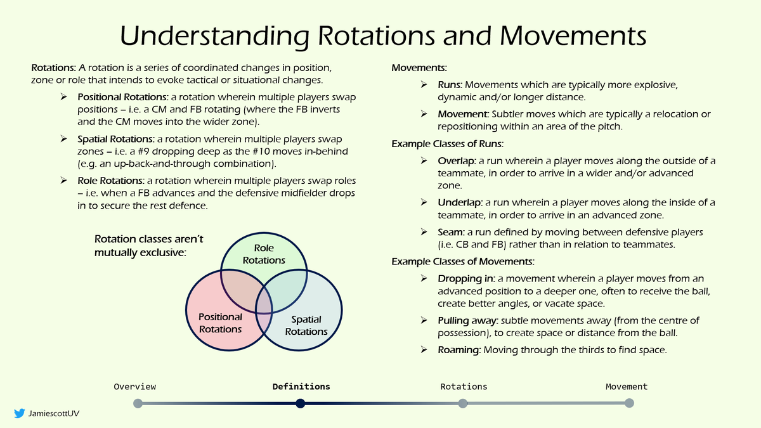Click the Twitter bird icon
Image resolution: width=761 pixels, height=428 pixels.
[x=19, y=413]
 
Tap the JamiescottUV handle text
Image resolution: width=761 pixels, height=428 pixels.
[x=55, y=413]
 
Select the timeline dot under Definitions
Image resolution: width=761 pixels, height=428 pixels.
[x=301, y=403]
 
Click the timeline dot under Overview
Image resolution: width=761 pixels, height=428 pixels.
[x=138, y=403]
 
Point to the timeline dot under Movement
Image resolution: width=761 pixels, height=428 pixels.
[x=629, y=403]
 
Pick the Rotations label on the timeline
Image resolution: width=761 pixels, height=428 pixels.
[x=464, y=386]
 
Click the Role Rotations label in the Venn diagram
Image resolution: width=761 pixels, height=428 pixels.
[x=264, y=254]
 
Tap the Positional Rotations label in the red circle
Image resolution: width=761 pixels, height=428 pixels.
[x=220, y=323]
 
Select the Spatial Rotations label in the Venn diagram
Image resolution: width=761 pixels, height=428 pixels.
[x=306, y=325]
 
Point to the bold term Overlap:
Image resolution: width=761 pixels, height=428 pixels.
[x=457, y=161]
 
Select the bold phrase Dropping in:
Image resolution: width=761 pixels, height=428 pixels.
[x=467, y=278]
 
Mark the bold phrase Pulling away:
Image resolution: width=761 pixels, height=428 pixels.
[x=469, y=320]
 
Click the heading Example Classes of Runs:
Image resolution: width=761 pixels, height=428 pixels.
[x=448, y=143]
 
